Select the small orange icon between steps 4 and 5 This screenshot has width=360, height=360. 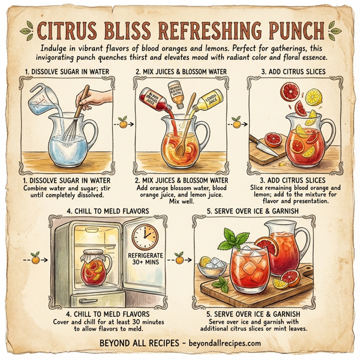(179, 260)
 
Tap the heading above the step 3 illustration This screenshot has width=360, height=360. (293, 71)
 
